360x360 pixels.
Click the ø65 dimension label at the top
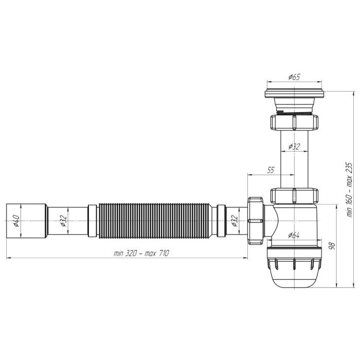pos(294,77)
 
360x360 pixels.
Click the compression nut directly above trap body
pos(293,196)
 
